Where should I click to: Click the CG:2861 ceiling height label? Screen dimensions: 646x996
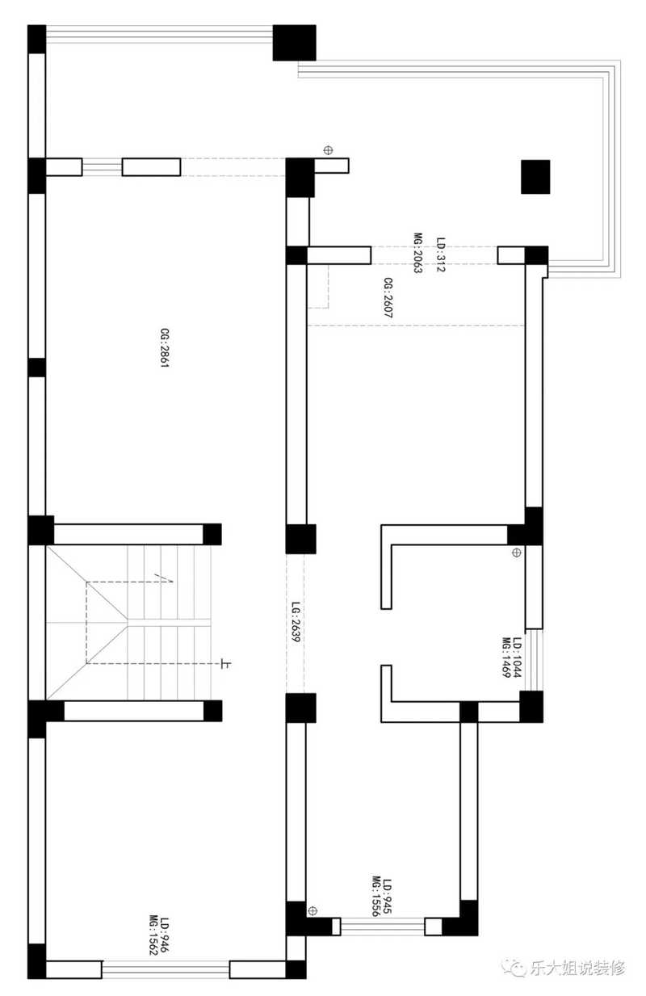165,347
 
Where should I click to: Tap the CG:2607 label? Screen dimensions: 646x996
388,297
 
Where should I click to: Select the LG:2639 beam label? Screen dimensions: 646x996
296,622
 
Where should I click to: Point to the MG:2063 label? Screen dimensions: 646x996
418,253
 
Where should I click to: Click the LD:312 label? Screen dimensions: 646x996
441,254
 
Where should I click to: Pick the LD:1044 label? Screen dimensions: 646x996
517,658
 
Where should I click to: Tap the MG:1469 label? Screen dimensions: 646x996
506,658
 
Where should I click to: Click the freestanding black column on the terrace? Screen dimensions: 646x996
535,177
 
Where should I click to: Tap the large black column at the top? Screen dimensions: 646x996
294,43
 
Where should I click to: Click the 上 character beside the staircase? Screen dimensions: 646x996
225,664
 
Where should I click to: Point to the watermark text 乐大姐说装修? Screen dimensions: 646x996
577,968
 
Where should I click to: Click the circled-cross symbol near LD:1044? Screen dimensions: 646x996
516,553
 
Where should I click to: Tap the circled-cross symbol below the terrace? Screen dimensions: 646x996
328,150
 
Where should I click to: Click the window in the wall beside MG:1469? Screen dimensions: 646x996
535,660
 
